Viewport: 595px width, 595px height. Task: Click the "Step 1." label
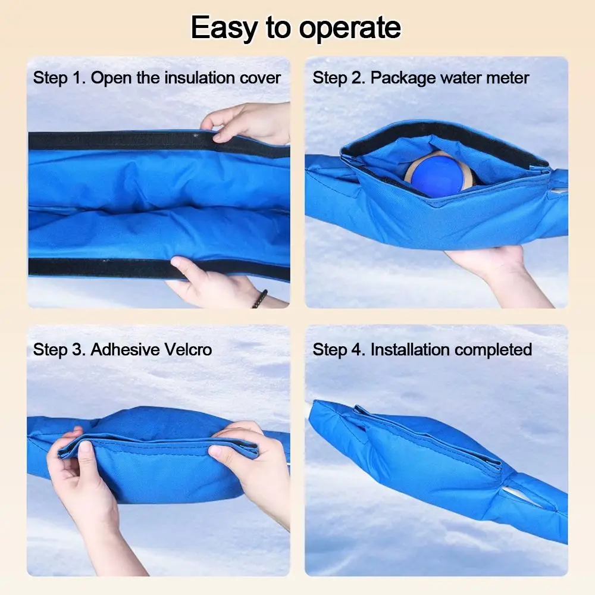tap(59, 78)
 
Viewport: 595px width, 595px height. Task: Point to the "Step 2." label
tap(339, 78)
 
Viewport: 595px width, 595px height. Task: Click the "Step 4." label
tap(339, 349)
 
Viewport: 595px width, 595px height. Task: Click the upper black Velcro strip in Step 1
tap(119, 141)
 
